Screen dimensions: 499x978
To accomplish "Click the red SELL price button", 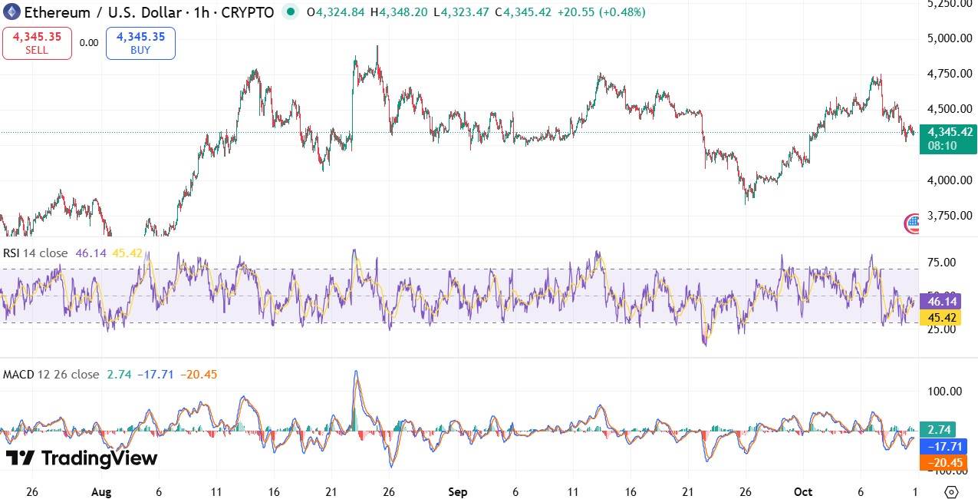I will pos(37,43).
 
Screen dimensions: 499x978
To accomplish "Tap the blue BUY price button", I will pos(140,43).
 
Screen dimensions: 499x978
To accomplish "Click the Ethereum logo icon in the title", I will pos(12,12).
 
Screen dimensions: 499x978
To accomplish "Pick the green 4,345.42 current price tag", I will pos(948,138).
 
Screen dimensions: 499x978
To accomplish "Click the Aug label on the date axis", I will pos(101,492).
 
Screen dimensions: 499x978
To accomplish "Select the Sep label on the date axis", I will pos(457,492).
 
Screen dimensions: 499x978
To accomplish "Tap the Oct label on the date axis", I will pos(803,492).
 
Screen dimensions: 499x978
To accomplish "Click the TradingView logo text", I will pos(82,458).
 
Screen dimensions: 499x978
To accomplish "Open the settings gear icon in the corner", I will pos(951,492).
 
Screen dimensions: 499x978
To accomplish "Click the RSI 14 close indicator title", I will pos(35,253).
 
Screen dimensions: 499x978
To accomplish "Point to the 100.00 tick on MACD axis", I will pos(944,392).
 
